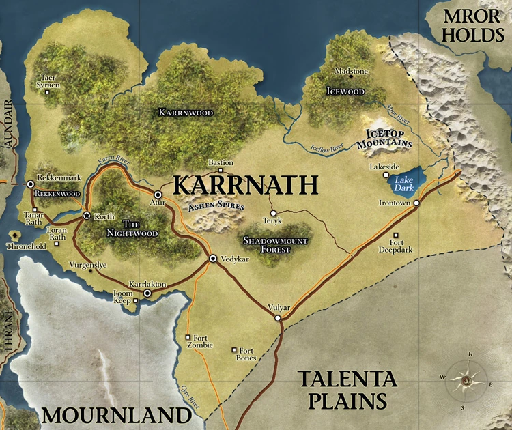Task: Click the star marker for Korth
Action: pyautogui.click(x=87, y=216)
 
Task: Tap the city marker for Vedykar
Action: pyautogui.click(x=213, y=258)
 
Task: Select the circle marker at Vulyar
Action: pyautogui.click(x=278, y=318)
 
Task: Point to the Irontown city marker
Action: pyautogui.click(x=416, y=203)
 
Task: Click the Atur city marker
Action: pyautogui.click(x=158, y=195)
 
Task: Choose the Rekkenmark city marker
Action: pyautogui.click(x=31, y=184)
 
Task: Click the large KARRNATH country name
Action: pyautogui.click(x=245, y=185)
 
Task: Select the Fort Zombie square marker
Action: pyautogui.click(x=188, y=336)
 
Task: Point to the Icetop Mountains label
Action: pyautogui.click(x=386, y=139)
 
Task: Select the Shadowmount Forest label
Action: pyautogui.click(x=276, y=245)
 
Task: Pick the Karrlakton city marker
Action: pyautogui.click(x=147, y=292)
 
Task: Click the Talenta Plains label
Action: pyautogui.click(x=347, y=389)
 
